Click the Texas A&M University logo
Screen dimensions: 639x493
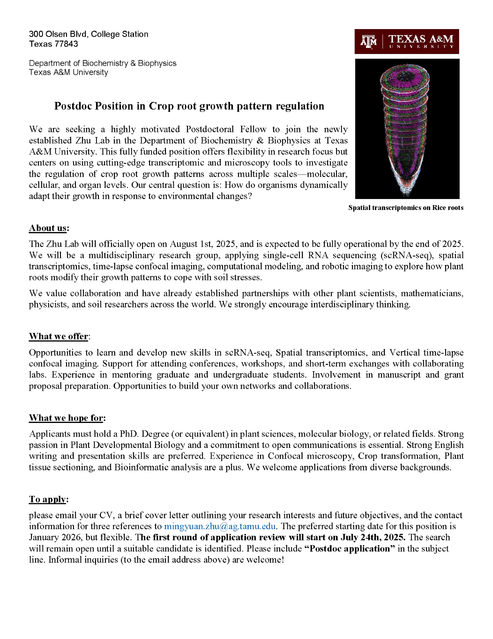[x=407, y=42]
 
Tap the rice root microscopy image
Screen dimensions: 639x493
[x=407, y=128]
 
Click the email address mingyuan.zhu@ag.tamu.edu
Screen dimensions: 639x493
[x=220, y=526]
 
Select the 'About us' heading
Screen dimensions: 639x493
[x=48, y=228]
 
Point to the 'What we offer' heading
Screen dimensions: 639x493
[x=59, y=336]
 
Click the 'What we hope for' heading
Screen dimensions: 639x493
[x=66, y=418]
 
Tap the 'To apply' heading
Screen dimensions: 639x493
[x=48, y=499]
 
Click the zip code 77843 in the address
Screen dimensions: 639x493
[x=67, y=44]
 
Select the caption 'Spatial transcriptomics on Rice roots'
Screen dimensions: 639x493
[x=406, y=208]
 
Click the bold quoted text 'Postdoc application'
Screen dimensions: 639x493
[x=350, y=549]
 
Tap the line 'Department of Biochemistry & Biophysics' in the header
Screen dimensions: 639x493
[x=102, y=63]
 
